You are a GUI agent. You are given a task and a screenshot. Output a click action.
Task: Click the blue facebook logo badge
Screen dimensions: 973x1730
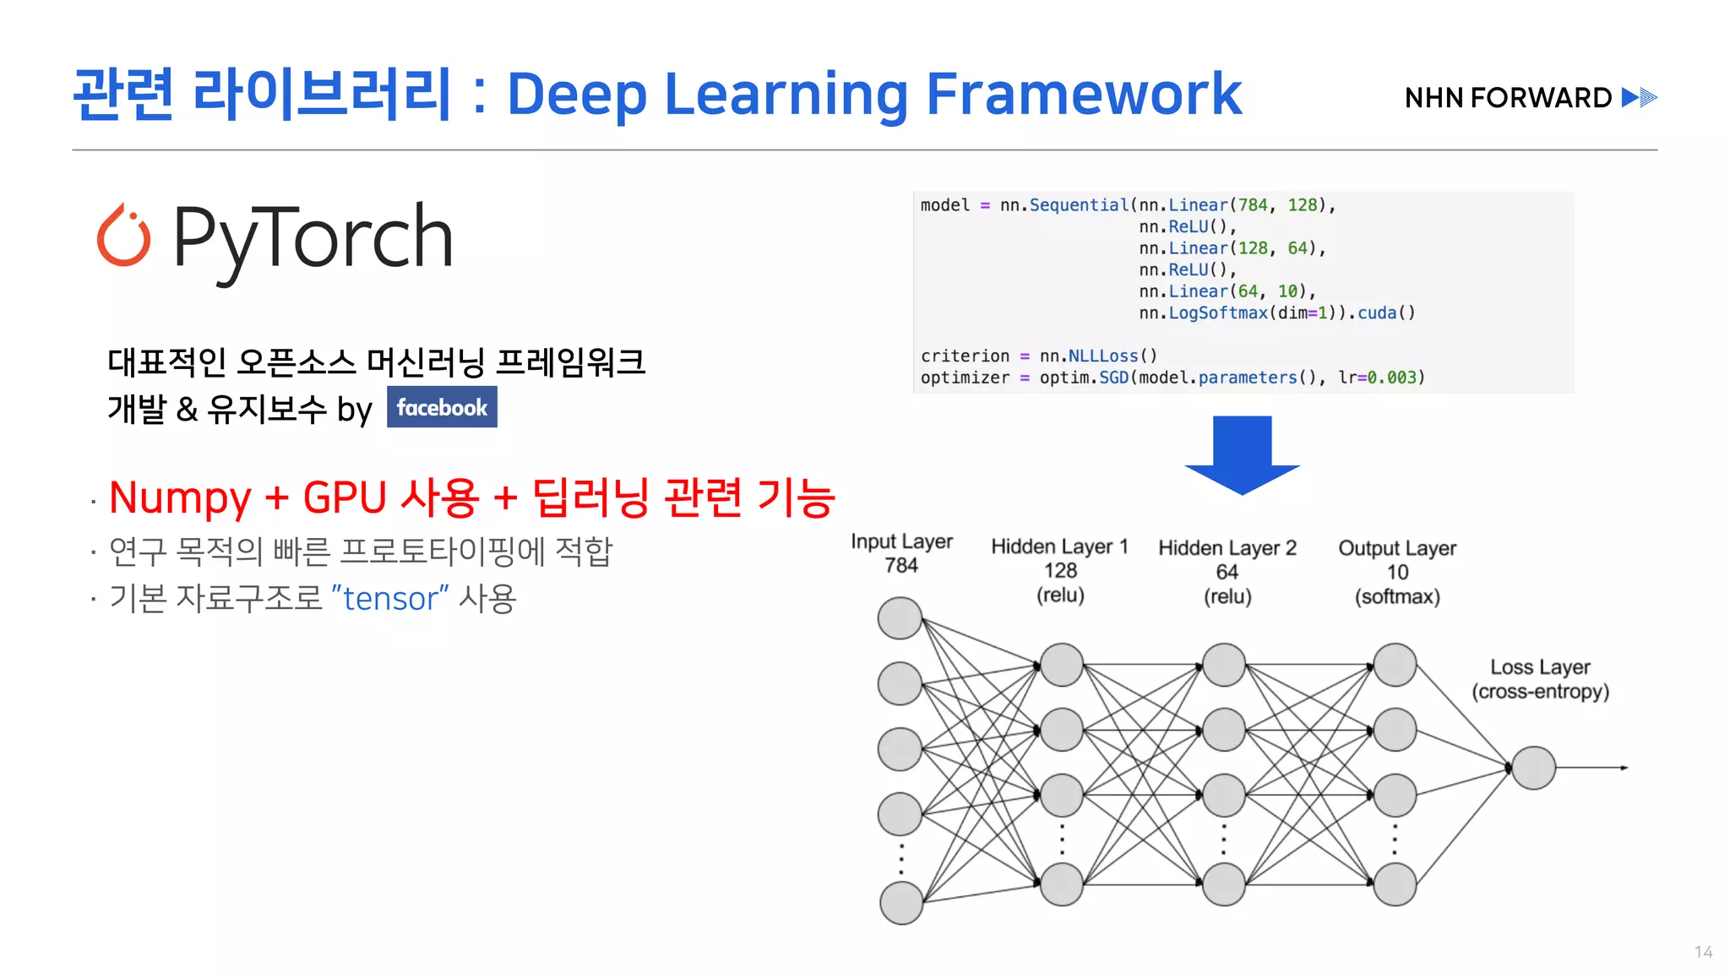point(442,407)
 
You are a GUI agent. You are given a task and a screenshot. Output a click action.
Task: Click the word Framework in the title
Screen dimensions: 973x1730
point(1084,94)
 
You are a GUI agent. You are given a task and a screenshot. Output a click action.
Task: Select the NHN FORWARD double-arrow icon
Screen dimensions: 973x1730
point(1640,98)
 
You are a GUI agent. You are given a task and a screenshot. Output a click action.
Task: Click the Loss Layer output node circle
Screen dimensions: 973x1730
point(1533,768)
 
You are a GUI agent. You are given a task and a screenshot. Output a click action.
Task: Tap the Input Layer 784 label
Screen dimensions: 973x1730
point(901,553)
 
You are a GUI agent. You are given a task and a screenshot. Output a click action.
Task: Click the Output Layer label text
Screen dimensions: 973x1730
point(1397,549)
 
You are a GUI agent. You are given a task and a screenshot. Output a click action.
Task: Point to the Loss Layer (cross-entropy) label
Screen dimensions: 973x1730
point(1540,679)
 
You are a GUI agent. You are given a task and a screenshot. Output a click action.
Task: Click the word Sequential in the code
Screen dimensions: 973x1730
point(1079,205)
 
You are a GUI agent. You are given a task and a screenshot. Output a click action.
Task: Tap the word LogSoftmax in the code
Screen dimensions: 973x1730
point(1218,313)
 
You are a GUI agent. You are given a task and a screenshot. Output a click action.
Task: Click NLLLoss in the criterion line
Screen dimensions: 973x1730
point(1103,356)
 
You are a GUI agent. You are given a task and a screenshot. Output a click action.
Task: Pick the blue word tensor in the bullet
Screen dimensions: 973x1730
point(390,599)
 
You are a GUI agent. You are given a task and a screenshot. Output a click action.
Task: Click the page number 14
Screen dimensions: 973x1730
point(1703,952)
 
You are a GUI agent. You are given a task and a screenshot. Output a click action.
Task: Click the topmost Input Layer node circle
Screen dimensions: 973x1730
point(900,618)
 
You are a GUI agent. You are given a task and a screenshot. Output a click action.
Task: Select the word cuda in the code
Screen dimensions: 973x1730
point(1377,313)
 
